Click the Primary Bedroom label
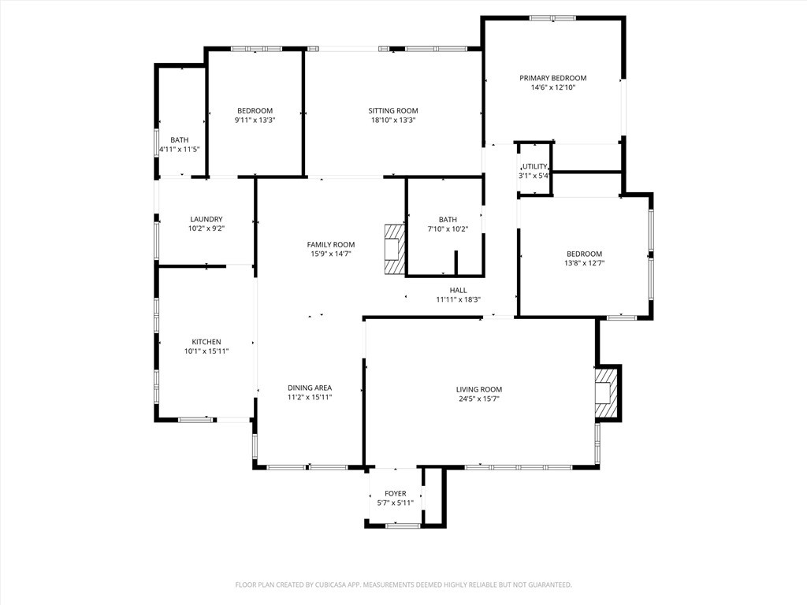[x=552, y=78]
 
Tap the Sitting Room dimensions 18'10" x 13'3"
[x=392, y=121]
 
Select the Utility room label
[x=534, y=166]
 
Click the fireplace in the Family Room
[x=394, y=249]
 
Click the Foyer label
[x=396, y=493]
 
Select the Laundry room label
[x=206, y=219]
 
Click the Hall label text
[x=458, y=290]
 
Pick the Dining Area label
[x=309, y=388]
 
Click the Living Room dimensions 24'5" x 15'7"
[x=478, y=399]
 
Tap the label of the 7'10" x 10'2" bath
[x=448, y=220]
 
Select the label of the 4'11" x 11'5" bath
[x=179, y=139]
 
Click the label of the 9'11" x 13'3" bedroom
[x=255, y=110]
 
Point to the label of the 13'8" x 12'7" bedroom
[x=584, y=254]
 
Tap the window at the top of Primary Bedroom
[x=552, y=17]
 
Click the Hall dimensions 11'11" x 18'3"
[x=458, y=299]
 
